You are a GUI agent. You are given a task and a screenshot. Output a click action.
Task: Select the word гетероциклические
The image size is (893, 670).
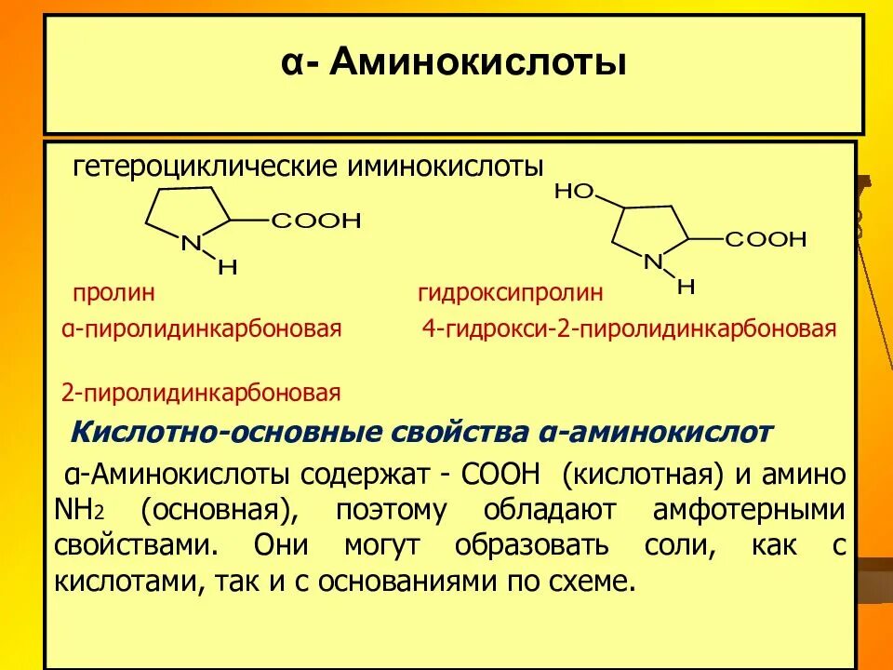click(205, 168)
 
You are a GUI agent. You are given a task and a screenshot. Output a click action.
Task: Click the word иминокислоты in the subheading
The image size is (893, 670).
click(445, 168)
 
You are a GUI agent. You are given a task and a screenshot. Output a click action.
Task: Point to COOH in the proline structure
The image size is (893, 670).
click(315, 221)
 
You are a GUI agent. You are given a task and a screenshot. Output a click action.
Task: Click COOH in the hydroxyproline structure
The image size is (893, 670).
click(766, 240)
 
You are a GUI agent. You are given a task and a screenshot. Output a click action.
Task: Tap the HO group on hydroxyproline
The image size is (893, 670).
click(574, 192)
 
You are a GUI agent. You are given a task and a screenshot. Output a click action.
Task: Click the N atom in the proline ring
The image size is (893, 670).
click(191, 244)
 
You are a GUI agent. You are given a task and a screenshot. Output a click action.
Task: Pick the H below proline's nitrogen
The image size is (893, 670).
click(228, 267)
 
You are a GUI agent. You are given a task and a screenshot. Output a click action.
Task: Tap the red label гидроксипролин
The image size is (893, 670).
click(511, 293)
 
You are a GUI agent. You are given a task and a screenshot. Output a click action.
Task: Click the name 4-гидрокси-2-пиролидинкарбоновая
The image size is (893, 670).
click(629, 328)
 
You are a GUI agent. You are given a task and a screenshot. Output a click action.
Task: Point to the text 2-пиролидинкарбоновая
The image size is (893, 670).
click(201, 392)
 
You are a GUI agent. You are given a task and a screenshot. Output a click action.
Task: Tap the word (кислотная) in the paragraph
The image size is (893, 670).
click(643, 475)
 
